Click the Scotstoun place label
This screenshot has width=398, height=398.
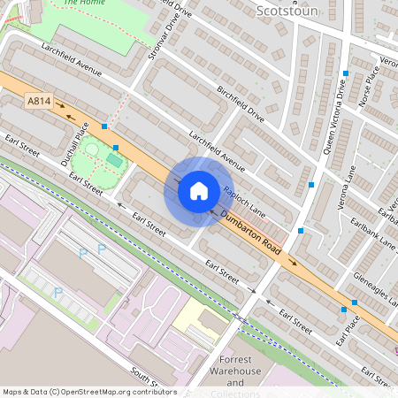click(x=286, y=11)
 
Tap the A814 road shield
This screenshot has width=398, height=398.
click(x=39, y=103)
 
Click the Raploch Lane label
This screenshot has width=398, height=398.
click(x=244, y=202)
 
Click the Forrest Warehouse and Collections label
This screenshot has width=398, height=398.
click(x=235, y=377)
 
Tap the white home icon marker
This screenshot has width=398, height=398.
click(x=198, y=190)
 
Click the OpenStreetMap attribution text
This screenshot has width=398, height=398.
click(x=88, y=392)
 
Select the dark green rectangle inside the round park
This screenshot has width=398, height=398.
click(x=113, y=160)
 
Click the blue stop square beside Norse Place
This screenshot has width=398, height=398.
click(x=346, y=73)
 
